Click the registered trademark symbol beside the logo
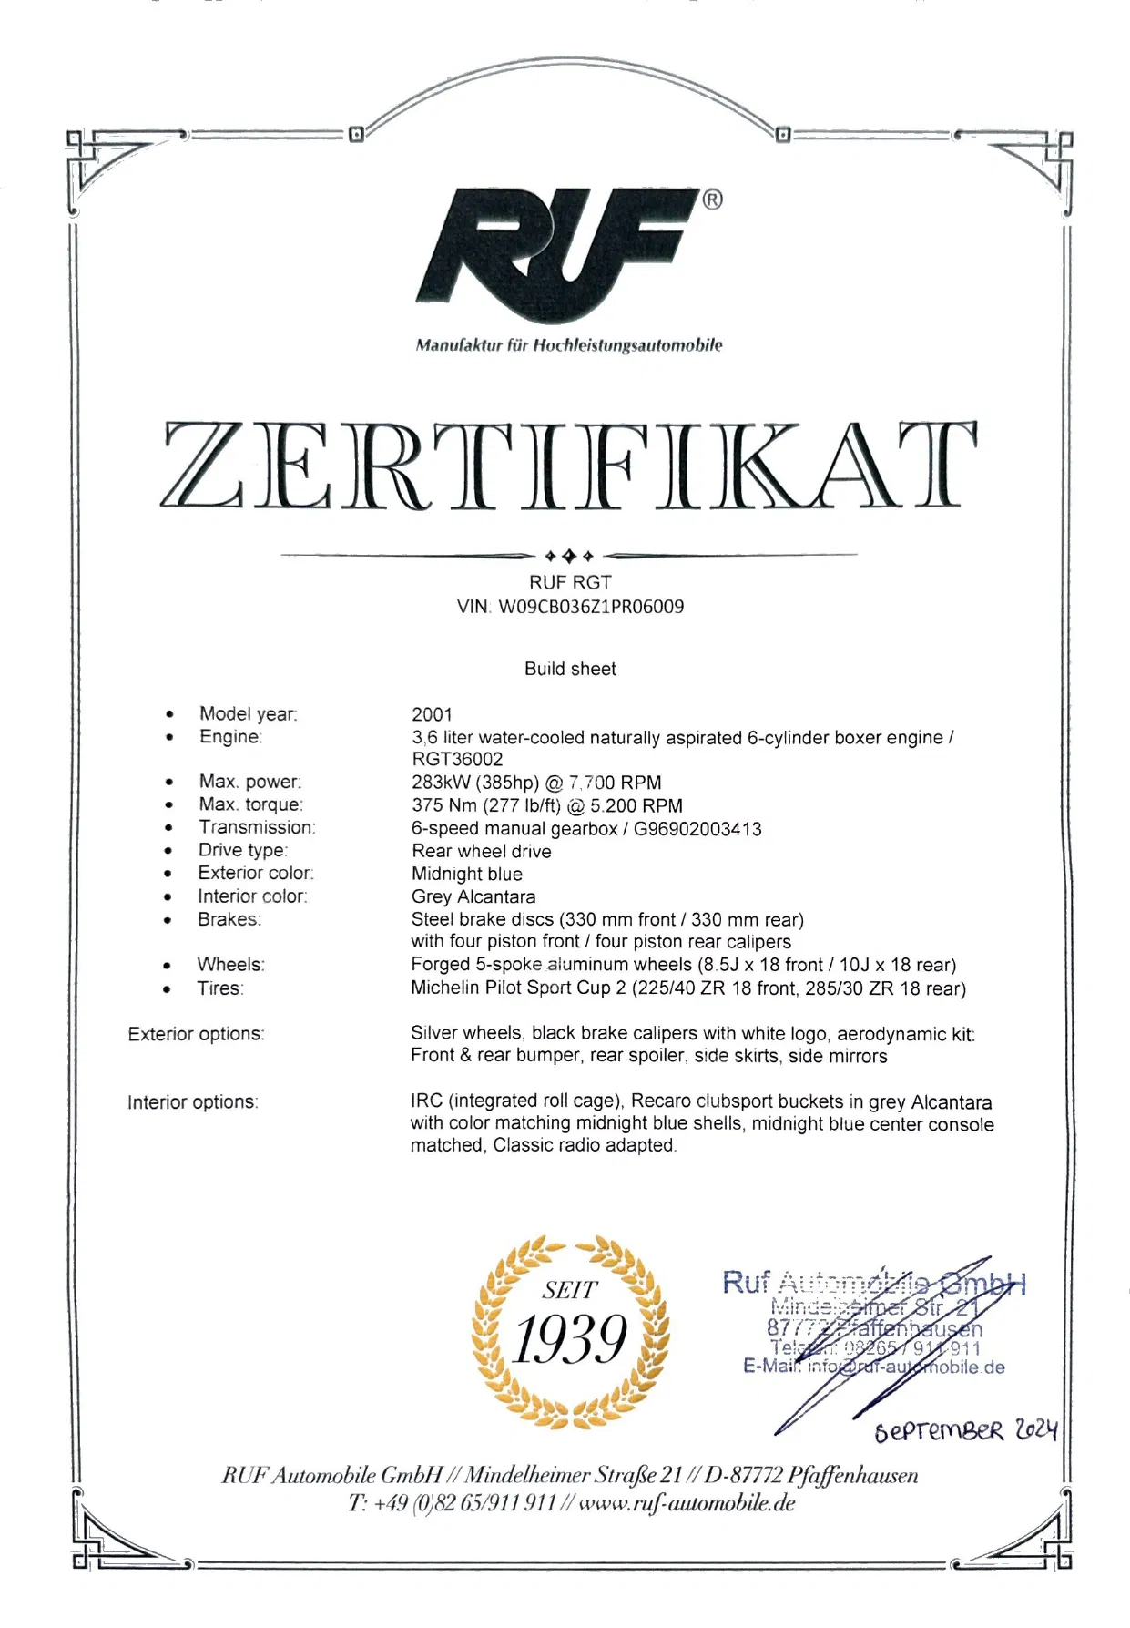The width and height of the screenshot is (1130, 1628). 713,200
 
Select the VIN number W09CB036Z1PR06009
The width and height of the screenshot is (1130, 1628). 591,607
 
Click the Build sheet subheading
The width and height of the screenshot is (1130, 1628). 570,669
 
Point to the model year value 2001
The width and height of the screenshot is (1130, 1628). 432,714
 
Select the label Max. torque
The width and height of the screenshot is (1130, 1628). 250,804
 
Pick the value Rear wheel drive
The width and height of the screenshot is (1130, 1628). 481,851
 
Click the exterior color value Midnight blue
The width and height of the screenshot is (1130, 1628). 466,874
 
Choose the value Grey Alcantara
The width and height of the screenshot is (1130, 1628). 473,896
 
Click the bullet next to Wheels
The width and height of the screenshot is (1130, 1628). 167,966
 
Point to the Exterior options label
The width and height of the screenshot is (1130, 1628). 196,1034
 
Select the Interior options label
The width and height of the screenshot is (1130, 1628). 193,1102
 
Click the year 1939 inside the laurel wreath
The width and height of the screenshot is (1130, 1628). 570,1339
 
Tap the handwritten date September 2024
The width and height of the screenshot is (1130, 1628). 965,1431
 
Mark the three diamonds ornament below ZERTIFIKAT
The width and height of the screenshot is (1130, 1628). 569,555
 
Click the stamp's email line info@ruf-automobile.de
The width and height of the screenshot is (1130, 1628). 906,1367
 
